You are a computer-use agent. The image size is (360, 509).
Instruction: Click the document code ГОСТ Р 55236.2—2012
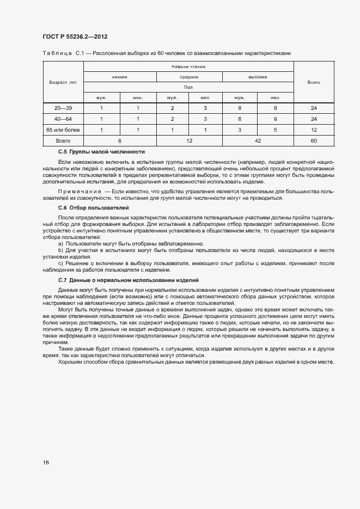75,36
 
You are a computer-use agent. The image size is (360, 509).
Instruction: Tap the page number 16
46,462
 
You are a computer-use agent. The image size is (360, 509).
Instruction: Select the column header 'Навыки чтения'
188,67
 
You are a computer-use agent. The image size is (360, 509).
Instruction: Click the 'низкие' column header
119,77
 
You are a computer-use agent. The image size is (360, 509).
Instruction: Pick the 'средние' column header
189,77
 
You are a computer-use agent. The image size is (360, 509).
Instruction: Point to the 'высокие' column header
258,77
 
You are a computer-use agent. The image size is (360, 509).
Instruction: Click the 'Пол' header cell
188,87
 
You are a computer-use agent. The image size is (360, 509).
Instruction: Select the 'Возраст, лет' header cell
63,82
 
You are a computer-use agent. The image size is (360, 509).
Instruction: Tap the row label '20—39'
63,108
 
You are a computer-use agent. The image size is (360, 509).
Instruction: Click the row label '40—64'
63,119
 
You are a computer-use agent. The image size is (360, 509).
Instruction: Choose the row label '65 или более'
63,130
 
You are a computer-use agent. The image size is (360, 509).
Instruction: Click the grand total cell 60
314,140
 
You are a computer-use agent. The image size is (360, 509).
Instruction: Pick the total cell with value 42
258,140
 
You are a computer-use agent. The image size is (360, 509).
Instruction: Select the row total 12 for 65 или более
314,130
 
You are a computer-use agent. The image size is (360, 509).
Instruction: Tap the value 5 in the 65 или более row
276,130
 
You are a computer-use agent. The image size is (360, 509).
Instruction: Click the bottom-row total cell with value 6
119,140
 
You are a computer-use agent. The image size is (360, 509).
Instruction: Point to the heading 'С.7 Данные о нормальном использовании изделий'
128,280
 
